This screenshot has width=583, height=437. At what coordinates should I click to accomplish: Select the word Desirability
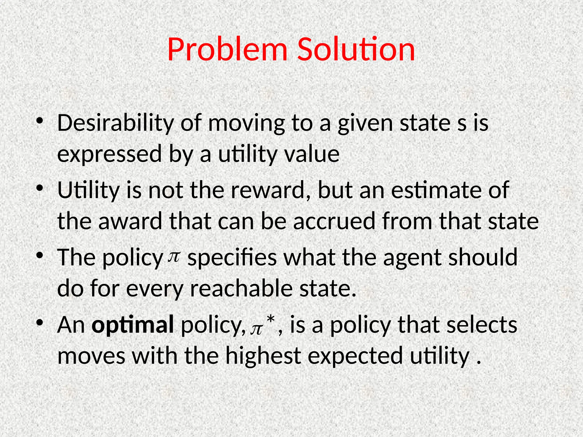click(x=115, y=124)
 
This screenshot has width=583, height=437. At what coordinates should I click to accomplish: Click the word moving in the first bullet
click(x=246, y=124)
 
